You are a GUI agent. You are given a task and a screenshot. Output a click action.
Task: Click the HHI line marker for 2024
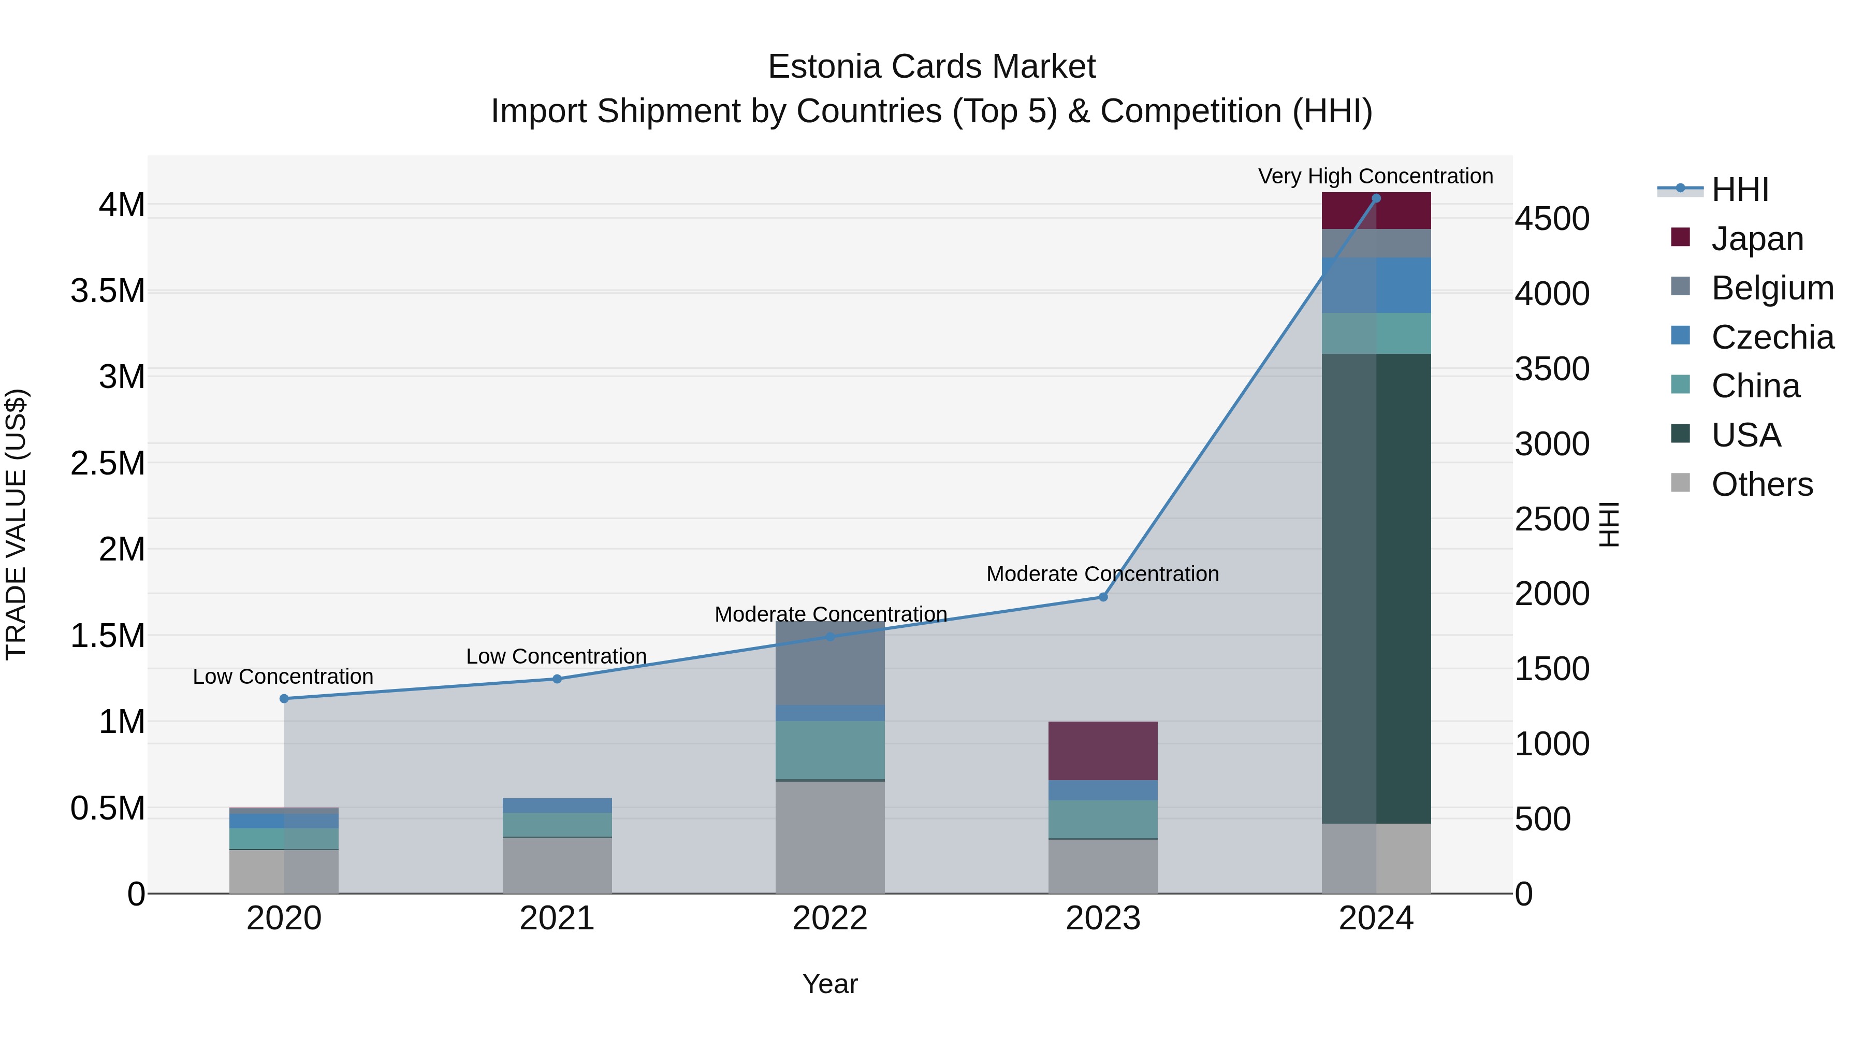[1376, 198]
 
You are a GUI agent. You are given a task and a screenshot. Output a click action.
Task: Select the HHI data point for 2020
[284, 699]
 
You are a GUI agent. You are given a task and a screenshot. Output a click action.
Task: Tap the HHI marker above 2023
[1103, 597]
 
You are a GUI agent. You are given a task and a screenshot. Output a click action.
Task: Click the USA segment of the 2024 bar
[1376, 588]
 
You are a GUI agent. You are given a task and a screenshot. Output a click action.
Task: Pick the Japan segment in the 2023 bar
[1103, 751]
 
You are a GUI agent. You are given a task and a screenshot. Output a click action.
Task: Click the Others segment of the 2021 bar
[557, 866]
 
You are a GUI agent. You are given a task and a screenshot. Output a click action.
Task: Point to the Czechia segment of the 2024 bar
[1376, 285]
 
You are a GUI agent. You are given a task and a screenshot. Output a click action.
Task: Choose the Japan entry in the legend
[1757, 239]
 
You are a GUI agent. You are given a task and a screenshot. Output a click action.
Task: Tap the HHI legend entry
[1740, 190]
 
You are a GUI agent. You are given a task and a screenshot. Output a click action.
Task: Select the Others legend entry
[1761, 484]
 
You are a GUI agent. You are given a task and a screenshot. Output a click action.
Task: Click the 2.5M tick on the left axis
[108, 463]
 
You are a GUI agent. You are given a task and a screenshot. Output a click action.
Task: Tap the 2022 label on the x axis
[830, 918]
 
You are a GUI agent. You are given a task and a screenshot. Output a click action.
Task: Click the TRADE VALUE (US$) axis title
[17, 524]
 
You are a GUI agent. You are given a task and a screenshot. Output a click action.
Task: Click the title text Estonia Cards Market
[931, 67]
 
